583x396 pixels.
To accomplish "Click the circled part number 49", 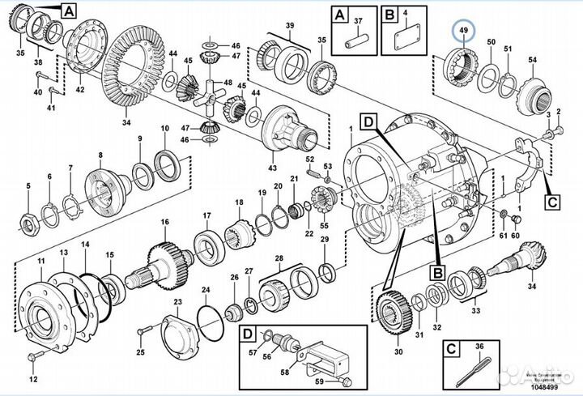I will pos(464,32).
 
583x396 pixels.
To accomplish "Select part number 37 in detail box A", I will pos(360,20).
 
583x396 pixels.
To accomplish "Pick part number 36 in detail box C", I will pos(479,347).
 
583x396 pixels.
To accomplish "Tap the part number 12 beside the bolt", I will pos(33,379).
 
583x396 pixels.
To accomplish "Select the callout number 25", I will pos(139,352).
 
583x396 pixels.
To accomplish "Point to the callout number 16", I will pos(164,221).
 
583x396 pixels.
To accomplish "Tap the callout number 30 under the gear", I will pos(397,351).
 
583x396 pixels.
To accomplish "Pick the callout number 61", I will pos(503,235).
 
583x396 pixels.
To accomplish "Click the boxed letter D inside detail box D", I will pos(247,334).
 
